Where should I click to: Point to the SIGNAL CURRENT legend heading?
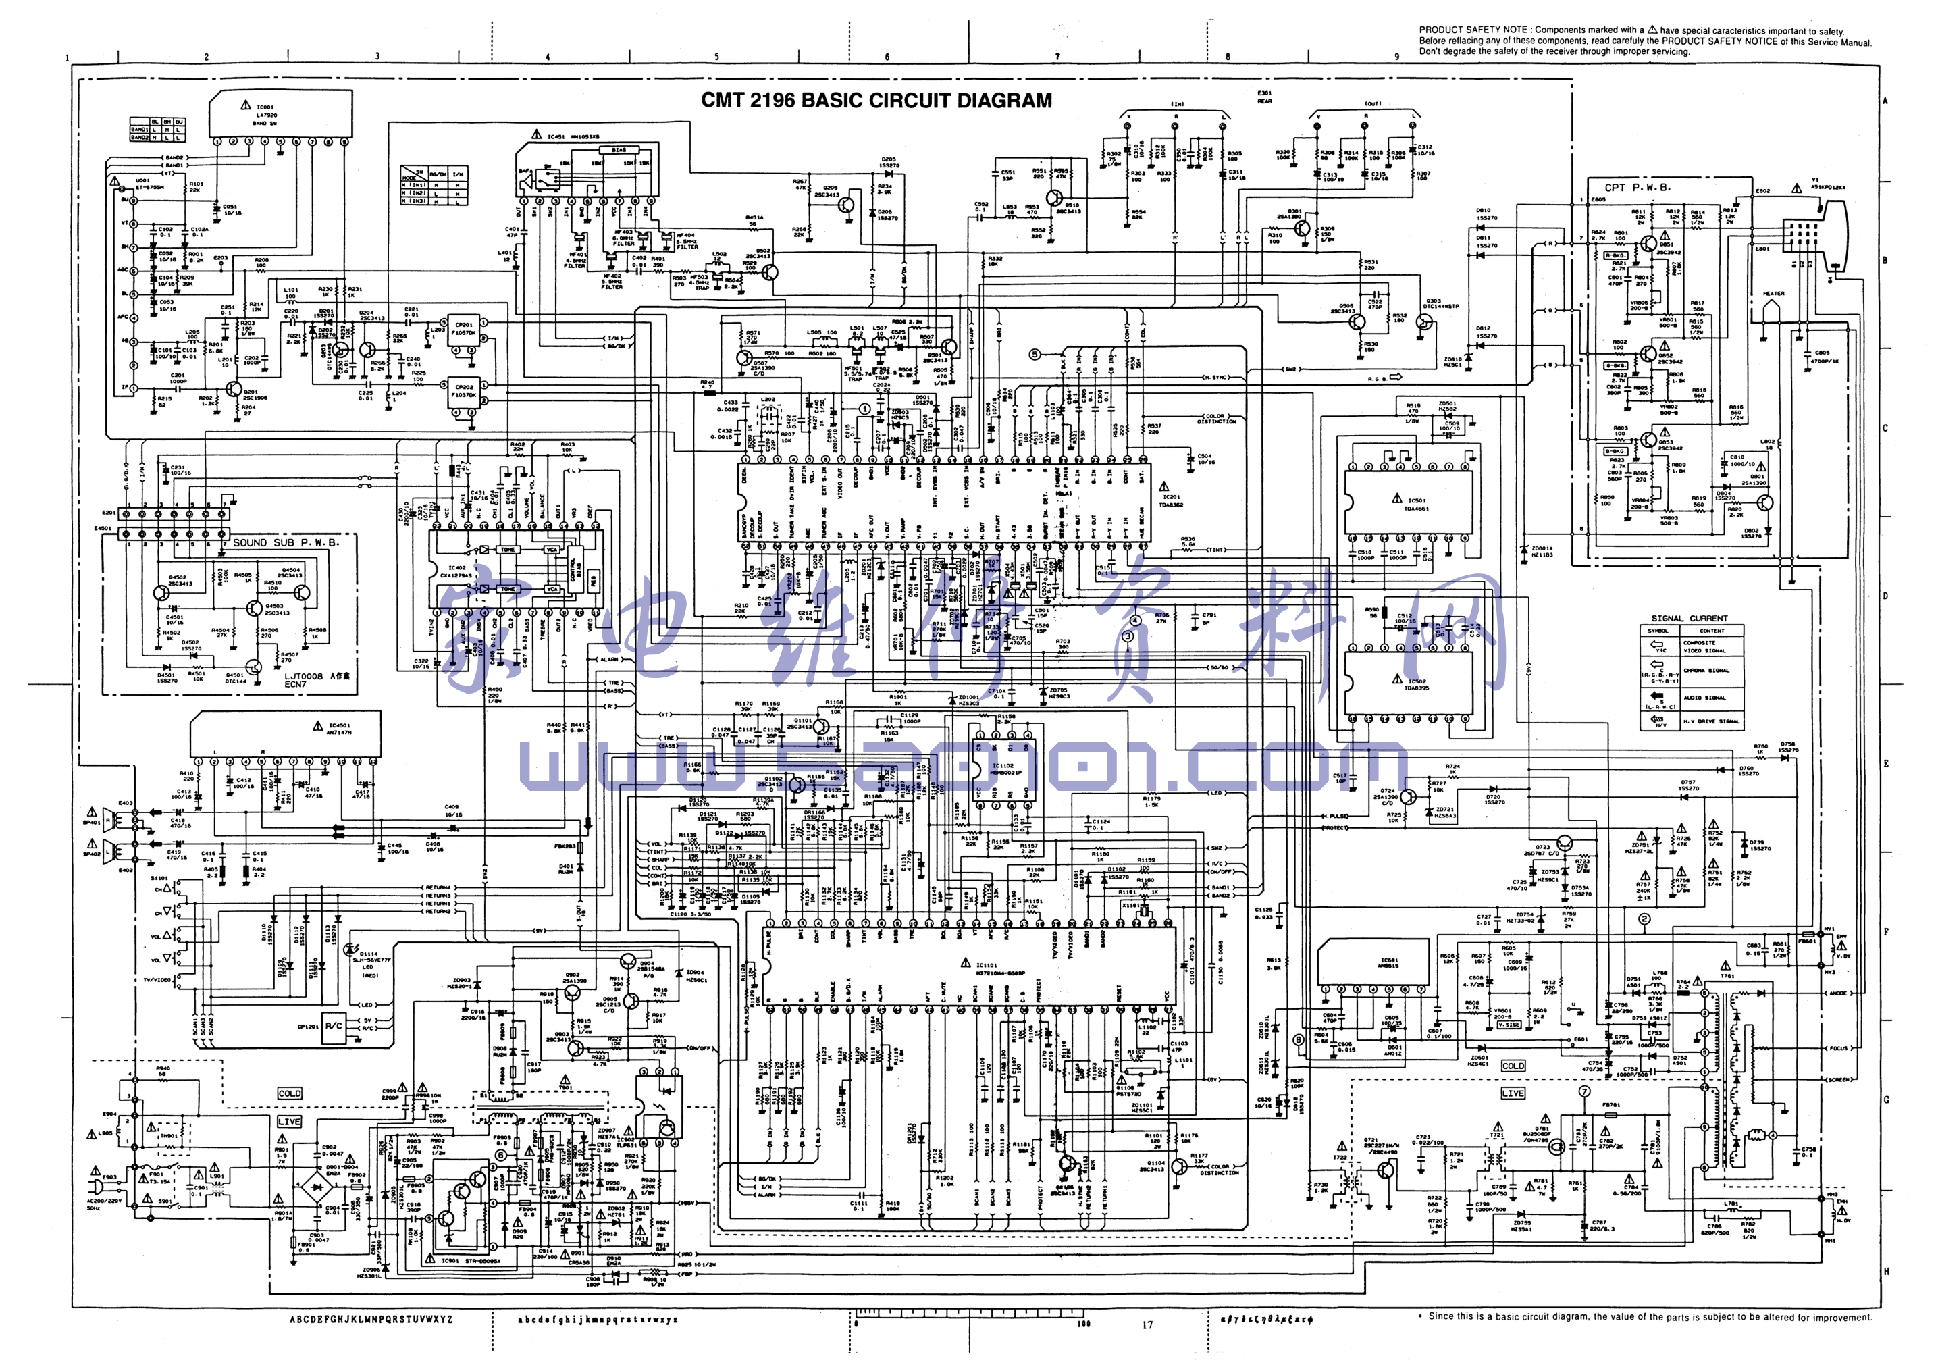point(1689,618)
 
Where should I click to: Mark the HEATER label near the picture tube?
point(1773,294)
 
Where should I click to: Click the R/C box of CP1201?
point(334,1026)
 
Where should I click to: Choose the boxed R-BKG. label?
point(1615,255)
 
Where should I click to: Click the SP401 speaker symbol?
point(108,821)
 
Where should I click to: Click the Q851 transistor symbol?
point(1648,244)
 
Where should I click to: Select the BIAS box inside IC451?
point(619,150)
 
